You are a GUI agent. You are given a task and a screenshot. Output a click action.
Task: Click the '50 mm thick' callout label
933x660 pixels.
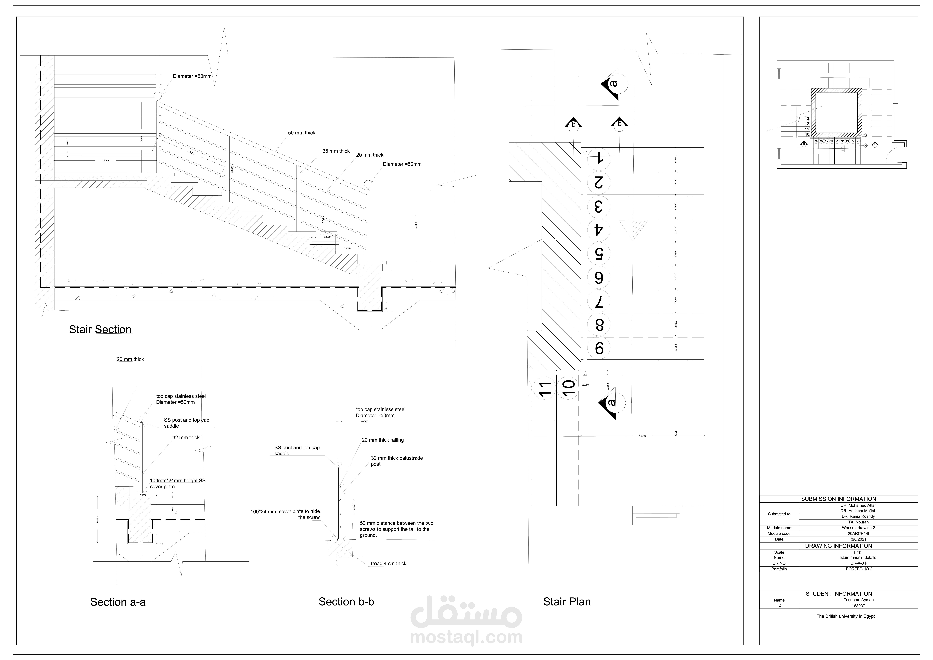302,133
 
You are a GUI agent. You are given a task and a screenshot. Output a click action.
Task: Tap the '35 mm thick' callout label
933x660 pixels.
336,151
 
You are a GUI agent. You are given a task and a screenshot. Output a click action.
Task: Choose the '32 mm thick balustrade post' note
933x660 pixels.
397,461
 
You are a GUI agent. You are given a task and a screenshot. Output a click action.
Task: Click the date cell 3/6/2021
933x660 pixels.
858,539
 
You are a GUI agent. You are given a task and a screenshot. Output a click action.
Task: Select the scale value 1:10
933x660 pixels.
857,553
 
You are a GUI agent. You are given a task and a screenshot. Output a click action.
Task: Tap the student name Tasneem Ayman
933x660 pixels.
858,600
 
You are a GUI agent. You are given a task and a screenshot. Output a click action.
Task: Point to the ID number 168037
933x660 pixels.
858,606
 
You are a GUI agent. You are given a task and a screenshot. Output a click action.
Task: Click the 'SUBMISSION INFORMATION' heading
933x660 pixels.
838,499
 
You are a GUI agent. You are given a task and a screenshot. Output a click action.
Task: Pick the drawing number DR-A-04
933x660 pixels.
858,563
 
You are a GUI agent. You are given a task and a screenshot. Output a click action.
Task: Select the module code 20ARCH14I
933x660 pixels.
858,534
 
